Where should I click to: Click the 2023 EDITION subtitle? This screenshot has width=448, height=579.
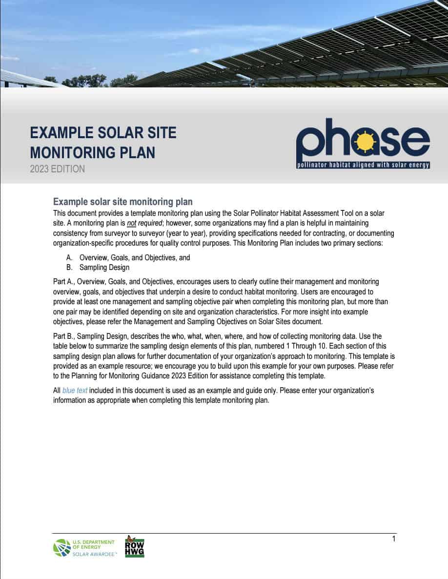(57, 169)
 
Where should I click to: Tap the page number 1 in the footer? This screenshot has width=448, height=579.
(393, 538)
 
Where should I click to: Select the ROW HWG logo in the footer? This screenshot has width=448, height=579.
(135, 546)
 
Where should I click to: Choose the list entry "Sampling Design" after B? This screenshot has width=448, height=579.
(104, 268)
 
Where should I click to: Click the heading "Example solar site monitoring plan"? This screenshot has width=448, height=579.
(122, 202)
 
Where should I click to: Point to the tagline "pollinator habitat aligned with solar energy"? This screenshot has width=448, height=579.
(363, 165)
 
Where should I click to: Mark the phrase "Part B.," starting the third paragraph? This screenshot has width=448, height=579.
(65, 336)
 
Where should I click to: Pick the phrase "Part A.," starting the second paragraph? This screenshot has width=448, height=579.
(65, 282)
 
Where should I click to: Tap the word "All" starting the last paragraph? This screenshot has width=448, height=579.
(57, 391)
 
